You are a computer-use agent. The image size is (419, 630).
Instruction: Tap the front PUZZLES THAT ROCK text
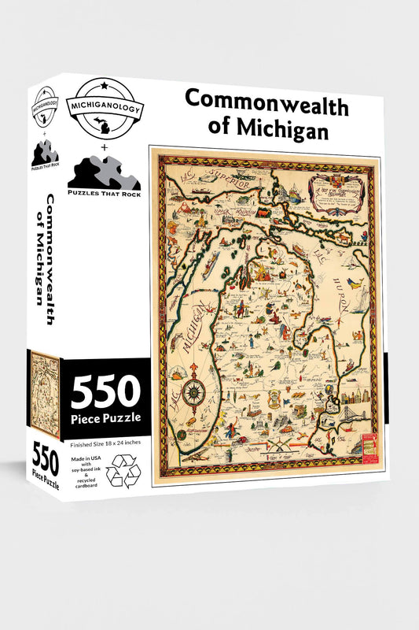[105, 194]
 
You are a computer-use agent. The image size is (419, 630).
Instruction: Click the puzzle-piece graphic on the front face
[105, 172]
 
